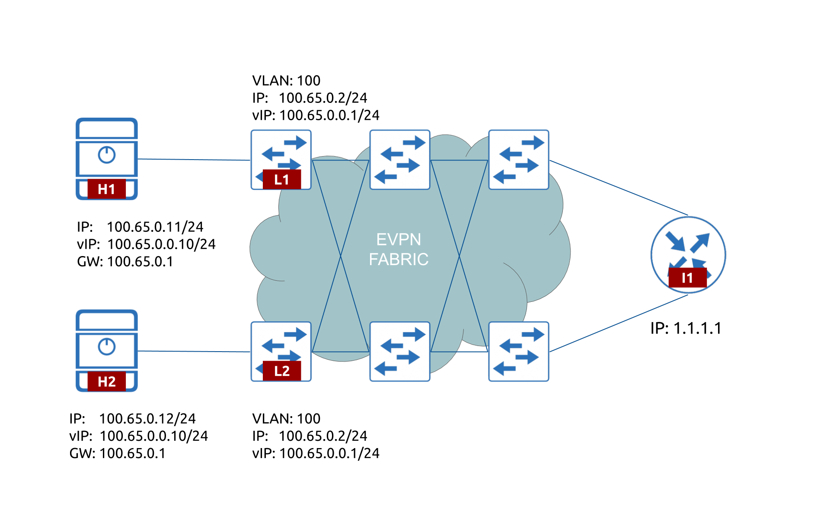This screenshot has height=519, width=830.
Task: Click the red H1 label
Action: [106, 189]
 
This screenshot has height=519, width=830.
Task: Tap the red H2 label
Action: [106, 381]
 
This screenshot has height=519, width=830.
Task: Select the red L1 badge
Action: [281, 179]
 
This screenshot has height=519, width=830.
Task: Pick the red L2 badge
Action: [281, 371]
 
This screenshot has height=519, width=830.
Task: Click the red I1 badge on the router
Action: [687, 278]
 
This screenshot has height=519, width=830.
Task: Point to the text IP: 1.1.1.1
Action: [686, 328]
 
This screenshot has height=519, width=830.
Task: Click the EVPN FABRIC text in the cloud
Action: [398, 250]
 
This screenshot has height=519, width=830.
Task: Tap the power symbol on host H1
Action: [106, 155]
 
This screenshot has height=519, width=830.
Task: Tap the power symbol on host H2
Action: [106, 346]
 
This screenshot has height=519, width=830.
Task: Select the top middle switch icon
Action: [400, 160]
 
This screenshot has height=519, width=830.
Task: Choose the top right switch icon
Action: [519, 160]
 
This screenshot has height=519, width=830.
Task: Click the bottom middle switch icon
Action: [400, 351]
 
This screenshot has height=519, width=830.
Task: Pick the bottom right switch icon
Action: [519, 351]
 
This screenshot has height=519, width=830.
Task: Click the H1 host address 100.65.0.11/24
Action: [155, 227]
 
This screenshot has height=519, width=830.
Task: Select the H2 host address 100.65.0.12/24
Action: [147, 419]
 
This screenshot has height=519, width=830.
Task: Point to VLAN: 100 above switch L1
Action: [286, 81]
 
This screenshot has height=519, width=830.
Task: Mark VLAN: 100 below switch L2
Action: [286, 419]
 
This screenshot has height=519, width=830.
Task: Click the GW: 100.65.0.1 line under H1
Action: [125, 262]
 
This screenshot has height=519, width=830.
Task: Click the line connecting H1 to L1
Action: [195, 160]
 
